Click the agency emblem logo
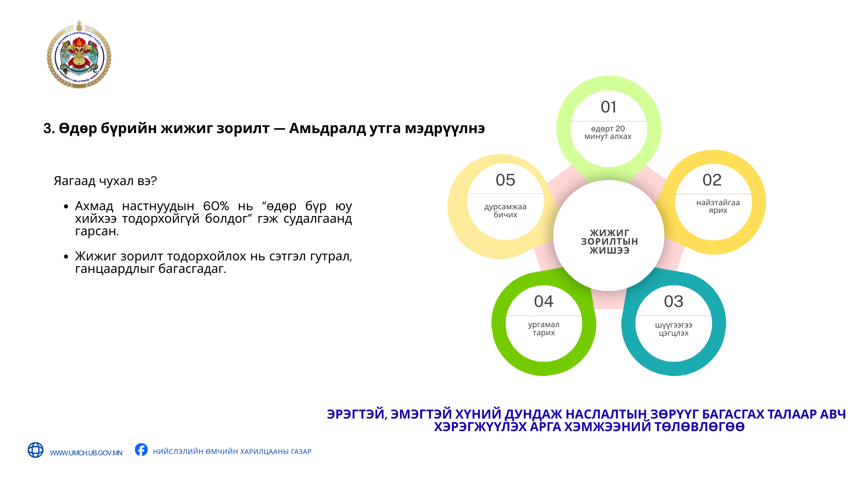[x=79, y=54]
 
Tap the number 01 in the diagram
[x=609, y=107]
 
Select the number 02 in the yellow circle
[x=712, y=180]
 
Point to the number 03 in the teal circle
[x=674, y=302]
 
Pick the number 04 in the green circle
[x=544, y=302]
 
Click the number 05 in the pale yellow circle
[x=505, y=180]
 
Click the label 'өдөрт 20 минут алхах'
[x=608, y=133]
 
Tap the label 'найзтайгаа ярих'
[x=718, y=207]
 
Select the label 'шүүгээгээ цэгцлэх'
[x=674, y=329]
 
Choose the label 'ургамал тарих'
[x=544, y=328]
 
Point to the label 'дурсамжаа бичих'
[x=505, y=211]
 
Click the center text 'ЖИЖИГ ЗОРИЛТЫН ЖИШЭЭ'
[x=609, y=242]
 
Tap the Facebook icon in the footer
[x=141, y=449]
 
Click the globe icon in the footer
[x=35, y=450]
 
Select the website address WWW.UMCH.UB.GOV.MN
[x=86, y=453]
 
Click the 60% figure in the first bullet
[x=216, y=206]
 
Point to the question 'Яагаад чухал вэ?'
[x=105, y=181]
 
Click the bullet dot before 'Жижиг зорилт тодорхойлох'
[x=66, y=256]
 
